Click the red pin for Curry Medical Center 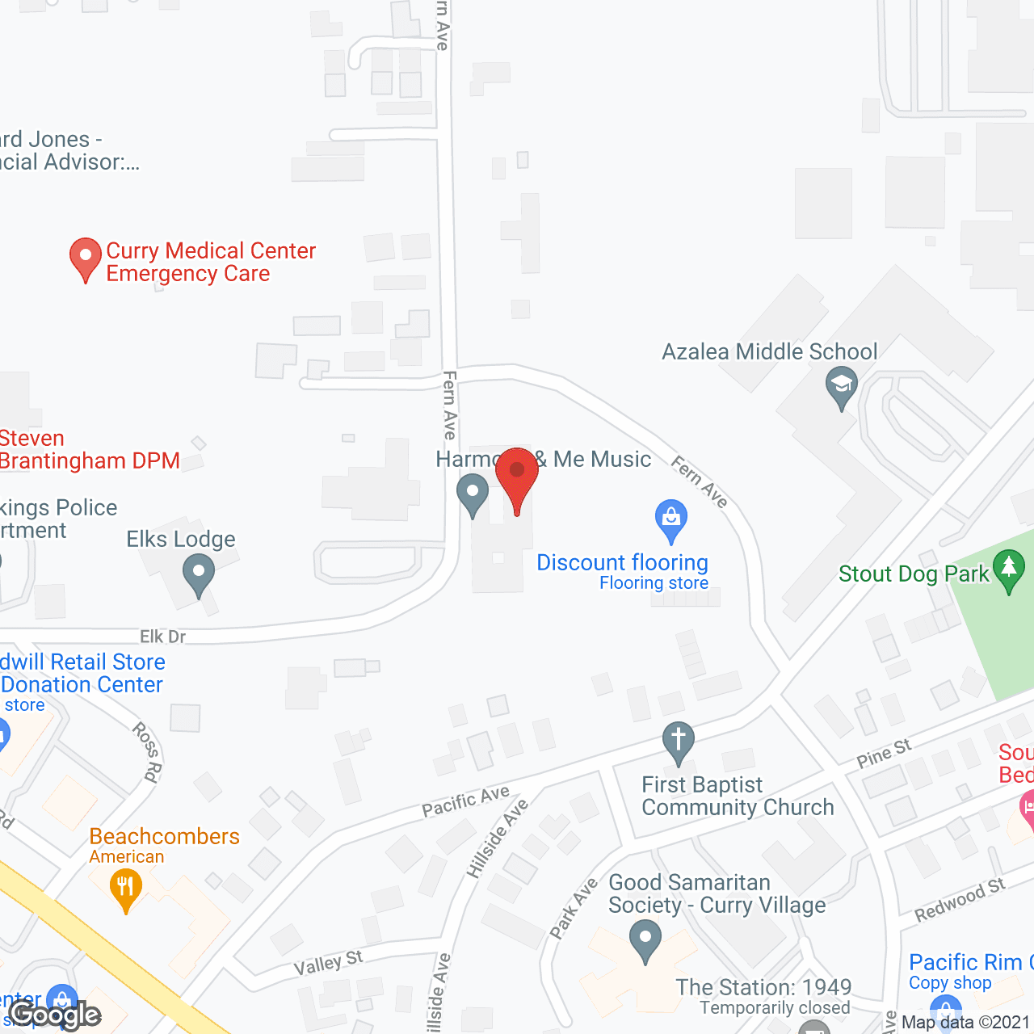[85, 258]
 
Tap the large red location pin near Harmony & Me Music [517, 477]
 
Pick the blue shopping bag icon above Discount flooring [670, 519]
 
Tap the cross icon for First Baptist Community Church [678, 742]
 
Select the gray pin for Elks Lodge [199, 575]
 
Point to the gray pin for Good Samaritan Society [645, 941]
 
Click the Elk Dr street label [163, 637]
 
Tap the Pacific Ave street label [466, 801]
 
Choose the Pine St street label [884, 754]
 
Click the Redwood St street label [960, 900]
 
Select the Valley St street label [328, 964]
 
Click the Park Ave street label [574, 907]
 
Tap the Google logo [55, 1015]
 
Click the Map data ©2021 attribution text [965, 1023]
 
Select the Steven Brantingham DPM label [89, 450]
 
